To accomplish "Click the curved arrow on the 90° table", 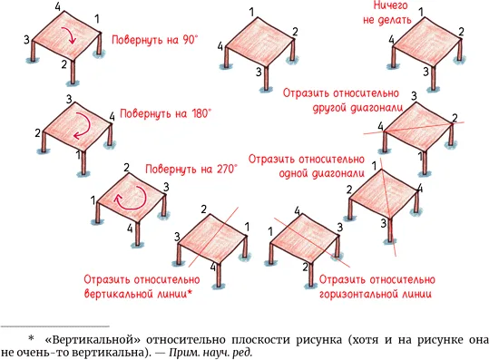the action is pyautogui.click(x=72, y=34).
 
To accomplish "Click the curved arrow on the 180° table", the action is pyautogui.click(x=87, y=123).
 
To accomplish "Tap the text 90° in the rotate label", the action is pyautogui.click(x=189, y=40).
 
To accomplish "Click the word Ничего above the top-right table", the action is pyautogui.click(x=390, y=5).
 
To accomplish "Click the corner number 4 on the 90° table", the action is pyautogui.click(x=58, y=7).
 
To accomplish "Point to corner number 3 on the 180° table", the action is pyautogui.click(x=69, y=100).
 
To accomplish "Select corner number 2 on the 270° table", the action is pyautogui.click(x=126, y=168).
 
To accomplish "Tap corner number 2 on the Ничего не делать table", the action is pyautogui.click(x=461, y=32).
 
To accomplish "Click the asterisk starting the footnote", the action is pyautogui.click(x=31, y=339).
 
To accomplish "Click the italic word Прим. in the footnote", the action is pyautogui.click(x=183, y=353).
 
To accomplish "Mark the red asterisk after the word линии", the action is pyautogui.click(x=190, y=293).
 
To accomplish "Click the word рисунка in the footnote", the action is pyautogui.click(x=318, y=340).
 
